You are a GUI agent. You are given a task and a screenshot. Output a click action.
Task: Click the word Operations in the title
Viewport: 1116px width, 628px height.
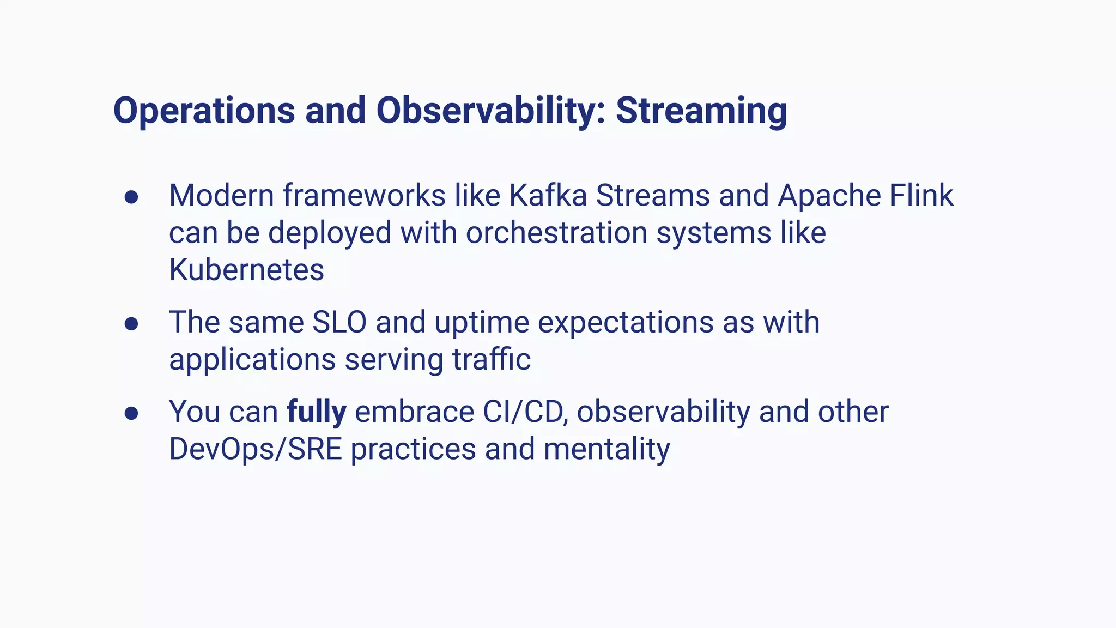pyautogui.click(x=204, y=112)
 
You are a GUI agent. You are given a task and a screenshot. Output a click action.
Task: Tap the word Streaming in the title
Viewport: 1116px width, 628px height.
pyautogui.click(x=701, y=112)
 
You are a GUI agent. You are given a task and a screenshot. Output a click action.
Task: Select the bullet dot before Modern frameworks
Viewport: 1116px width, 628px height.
pyautogui.click(x=131, y=197)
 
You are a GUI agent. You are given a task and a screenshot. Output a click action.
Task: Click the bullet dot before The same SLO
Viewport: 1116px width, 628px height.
pyautogui.click(x=131, y=324)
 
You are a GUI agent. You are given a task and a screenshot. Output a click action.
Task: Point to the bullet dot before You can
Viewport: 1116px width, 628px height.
pyautogui.click(x=131, y=413)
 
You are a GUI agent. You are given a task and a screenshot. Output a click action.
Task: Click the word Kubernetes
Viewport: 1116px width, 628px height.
pyautogui.click(x=246, y=270)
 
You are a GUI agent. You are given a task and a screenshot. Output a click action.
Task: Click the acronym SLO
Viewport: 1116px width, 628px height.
pyautogui.click(x=339, y=322)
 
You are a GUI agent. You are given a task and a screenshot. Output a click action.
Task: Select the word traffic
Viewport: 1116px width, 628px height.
pyautogui.click(x=491, y=359)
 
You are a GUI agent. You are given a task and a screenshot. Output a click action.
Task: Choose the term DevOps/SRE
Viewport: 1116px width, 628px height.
pyautogui.click(x=255, y=449)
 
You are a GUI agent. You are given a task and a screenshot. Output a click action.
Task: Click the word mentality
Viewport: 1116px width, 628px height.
pyautogui.click(x=606, y=449)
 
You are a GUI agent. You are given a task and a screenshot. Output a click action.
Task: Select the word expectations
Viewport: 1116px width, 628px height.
pyautogui.click(x=626, y=322)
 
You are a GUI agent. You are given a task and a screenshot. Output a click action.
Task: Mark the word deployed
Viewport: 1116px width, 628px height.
pyautogui.click(x=330, y=233)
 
